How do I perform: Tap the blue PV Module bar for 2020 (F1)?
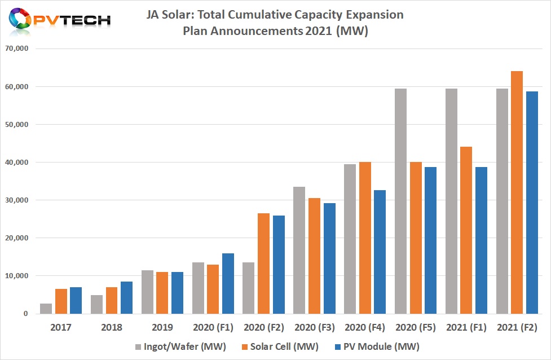[x=228, y=283]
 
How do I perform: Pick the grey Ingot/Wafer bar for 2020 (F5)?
[x=400, y=201]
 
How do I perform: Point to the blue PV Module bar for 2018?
[x=127, y=297]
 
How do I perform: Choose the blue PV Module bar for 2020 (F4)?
[x=380, y=252]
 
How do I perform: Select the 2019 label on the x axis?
[x=162, y=328]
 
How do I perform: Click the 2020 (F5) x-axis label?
[x=416, y=328]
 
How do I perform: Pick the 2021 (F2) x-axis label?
[x=517, y=328]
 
